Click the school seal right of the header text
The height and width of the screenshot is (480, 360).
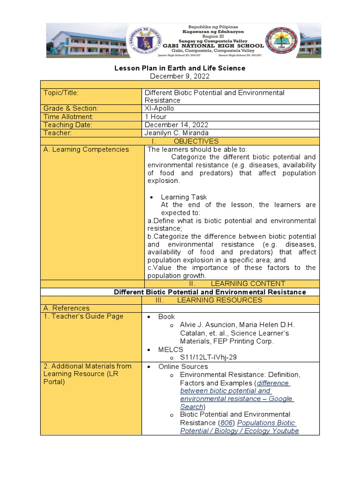[282, 40]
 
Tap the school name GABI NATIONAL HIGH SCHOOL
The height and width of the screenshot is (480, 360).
[213, 46]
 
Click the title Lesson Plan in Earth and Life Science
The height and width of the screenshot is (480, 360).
[180, 68]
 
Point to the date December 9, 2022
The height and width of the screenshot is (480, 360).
[180, 76]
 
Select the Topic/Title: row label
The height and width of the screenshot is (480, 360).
[61, 93]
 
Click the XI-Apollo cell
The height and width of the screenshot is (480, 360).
[159, 108]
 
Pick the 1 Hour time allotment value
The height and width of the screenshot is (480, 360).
[156, 117]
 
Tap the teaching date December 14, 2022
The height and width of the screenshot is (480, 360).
[176, 125]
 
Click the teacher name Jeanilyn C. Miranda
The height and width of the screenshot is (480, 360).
[177, 133]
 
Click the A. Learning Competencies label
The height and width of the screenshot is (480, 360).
[86, 150]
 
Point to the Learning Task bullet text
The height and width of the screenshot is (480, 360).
[183, 197]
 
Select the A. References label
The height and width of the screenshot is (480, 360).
[66, 308]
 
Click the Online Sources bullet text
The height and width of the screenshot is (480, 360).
[183, 367]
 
